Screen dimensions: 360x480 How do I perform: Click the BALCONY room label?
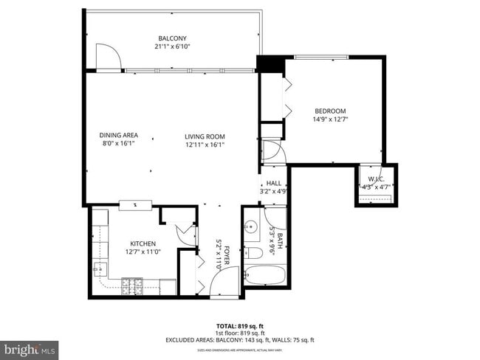pos(171,38)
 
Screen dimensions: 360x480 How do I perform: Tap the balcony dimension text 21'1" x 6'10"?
pos(171,46)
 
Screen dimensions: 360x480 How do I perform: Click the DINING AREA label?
pos(119,136)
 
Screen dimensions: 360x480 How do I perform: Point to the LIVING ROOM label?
pos(205,136)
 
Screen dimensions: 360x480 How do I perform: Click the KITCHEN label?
pos(143,243)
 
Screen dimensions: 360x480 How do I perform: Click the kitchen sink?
pos(100,269)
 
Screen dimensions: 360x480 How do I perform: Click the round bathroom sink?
pos(252,227)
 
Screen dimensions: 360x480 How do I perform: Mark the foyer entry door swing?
pos(224,282)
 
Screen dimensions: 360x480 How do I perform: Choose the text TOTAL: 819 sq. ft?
pos(240,325)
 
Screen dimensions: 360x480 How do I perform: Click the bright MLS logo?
pos(30,347)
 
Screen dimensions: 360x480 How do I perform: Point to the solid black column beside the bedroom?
pos(270,64)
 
